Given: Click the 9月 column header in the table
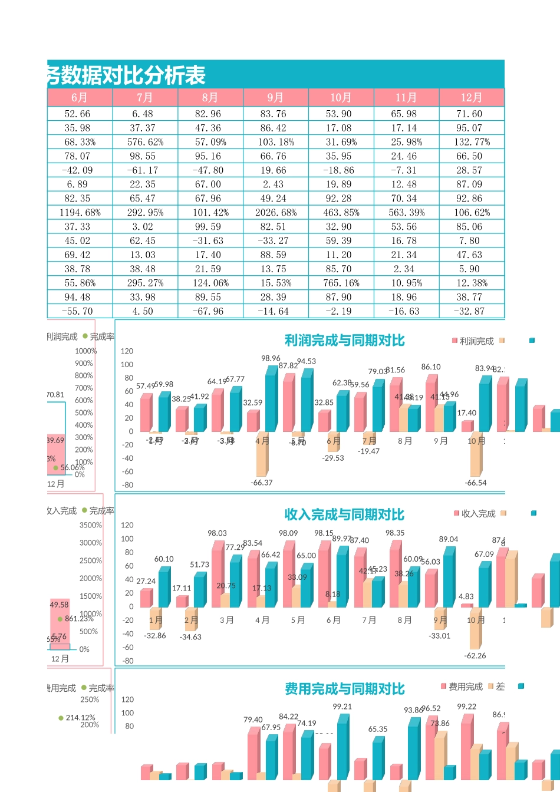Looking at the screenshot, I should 275,97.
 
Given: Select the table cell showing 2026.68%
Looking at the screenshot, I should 275,212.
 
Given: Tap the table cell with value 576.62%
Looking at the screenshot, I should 144,142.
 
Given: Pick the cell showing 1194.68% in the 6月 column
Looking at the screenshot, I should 80,212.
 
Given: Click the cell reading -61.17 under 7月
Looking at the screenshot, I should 144,170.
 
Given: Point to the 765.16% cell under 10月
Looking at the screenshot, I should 341,283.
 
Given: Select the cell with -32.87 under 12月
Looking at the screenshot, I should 471,311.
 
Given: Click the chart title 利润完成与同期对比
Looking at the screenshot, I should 344,341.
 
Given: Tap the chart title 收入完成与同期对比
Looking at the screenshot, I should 344,514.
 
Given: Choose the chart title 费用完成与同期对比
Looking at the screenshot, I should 344,689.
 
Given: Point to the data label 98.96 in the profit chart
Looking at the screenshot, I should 271,358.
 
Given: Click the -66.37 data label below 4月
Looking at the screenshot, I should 261,482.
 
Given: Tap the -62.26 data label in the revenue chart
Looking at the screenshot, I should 475,655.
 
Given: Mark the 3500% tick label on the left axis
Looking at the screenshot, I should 91,525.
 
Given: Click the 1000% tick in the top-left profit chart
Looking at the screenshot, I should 85,351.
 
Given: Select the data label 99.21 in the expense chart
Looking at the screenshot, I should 342,707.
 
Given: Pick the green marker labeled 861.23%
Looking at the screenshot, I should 60,619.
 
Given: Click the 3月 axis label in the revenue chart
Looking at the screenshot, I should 226,620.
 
